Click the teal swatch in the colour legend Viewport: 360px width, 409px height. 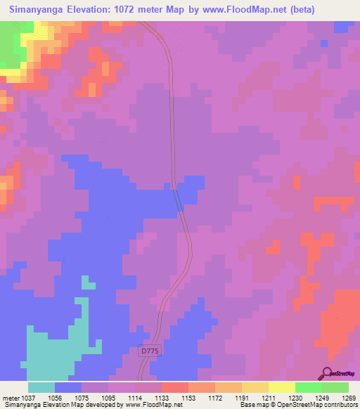(x=41, y=387)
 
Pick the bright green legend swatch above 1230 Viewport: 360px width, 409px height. (x=309, y=387)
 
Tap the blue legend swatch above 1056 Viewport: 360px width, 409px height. (x=68, y=387)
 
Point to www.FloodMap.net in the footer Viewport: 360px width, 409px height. (x=150, y=405)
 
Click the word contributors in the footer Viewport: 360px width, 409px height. (x=340, y=405)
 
